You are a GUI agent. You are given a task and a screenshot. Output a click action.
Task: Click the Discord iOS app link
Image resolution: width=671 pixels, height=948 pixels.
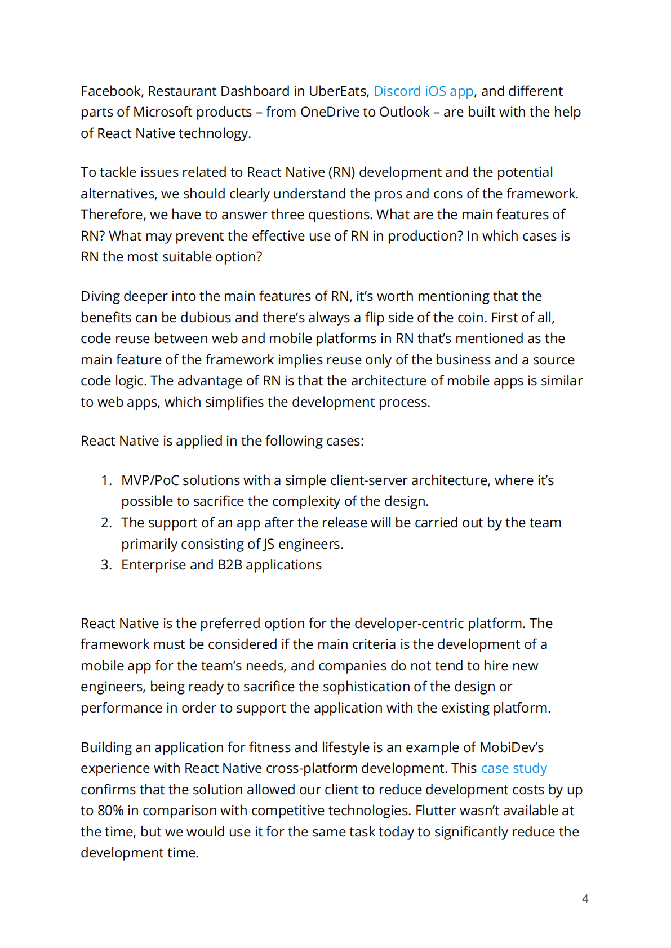click(x=423, y=91)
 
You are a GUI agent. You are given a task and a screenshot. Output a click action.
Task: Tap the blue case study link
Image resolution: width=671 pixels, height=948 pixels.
click(x=513, y=768)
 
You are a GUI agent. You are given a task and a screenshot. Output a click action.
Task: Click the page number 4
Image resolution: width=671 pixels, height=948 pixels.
click(x=585, y=898)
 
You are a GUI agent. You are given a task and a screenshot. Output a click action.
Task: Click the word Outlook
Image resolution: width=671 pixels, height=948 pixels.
click(x=404, y=112)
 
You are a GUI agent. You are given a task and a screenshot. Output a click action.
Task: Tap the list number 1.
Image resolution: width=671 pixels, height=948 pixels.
click(x=106, y=480)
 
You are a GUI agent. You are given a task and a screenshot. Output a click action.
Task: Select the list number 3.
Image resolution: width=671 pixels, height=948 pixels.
click(x=106, y=565)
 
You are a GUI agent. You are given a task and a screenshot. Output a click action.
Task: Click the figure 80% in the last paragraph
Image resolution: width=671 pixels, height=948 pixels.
click(x=110, y=811)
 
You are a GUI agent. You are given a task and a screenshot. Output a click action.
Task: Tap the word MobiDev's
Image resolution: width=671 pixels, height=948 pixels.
click(x=511, y=747)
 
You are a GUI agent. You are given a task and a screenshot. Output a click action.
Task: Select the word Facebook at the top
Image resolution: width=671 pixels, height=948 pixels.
click(x=111, y=91)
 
